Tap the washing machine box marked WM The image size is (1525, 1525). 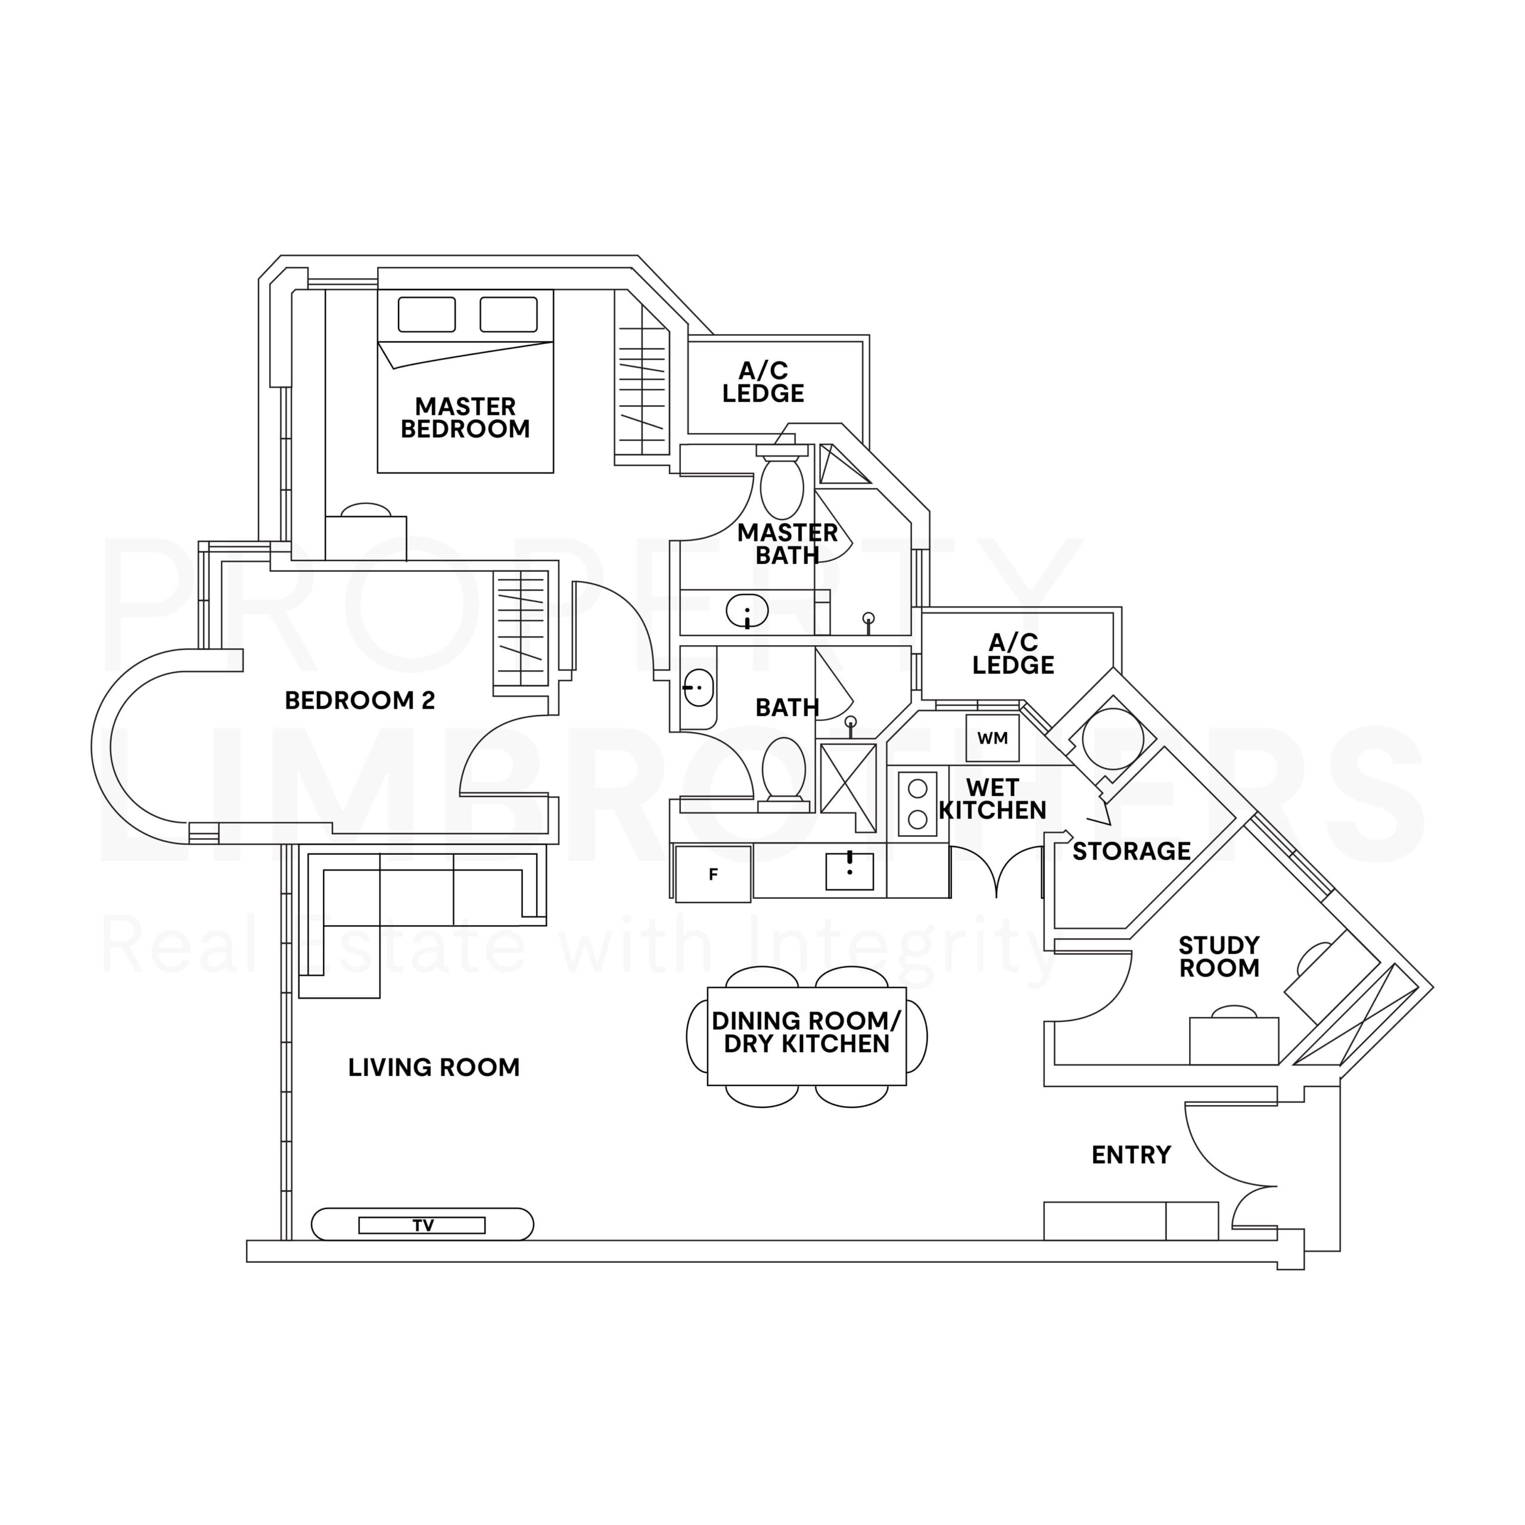point(992,738)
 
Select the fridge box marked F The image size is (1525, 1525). point(713,874)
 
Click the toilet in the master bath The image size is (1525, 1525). point(782,485)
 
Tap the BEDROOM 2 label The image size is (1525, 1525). point(359,700)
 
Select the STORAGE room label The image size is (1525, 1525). point(1131,851)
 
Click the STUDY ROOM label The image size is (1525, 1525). point(1219,957)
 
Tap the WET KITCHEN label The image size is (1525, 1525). point(992,799)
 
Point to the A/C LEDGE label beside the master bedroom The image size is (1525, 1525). point(762,382)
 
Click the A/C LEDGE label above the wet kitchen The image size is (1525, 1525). point(1013,653)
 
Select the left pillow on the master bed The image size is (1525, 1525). point(427,314)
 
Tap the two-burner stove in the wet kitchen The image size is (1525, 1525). point(917,804)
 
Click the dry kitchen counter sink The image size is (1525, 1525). point(849,872)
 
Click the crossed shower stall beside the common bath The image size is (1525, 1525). point(848,787)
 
